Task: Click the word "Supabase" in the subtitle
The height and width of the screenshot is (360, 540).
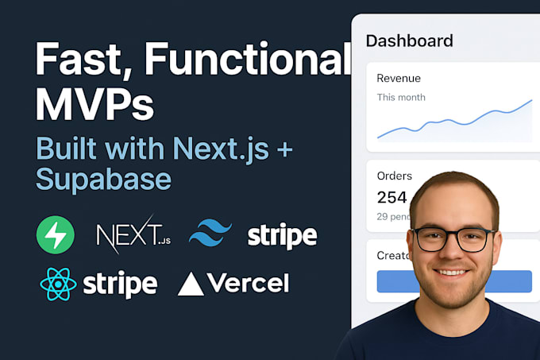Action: pos(103,179)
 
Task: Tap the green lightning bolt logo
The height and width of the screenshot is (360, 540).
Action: pos(56,235)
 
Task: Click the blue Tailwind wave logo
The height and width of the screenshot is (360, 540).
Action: pos(210,234)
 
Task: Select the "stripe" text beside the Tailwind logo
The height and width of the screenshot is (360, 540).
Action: pos(282,235)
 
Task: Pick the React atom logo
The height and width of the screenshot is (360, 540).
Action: pos(57,284)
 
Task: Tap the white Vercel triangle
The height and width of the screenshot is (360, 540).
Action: pos(191,284)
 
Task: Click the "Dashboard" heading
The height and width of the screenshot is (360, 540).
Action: pos(409,41)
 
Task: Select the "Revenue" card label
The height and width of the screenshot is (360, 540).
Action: pos(399,79)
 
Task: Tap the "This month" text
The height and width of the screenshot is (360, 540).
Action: pos(401,98)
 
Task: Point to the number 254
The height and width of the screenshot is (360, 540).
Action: pos(391,198)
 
